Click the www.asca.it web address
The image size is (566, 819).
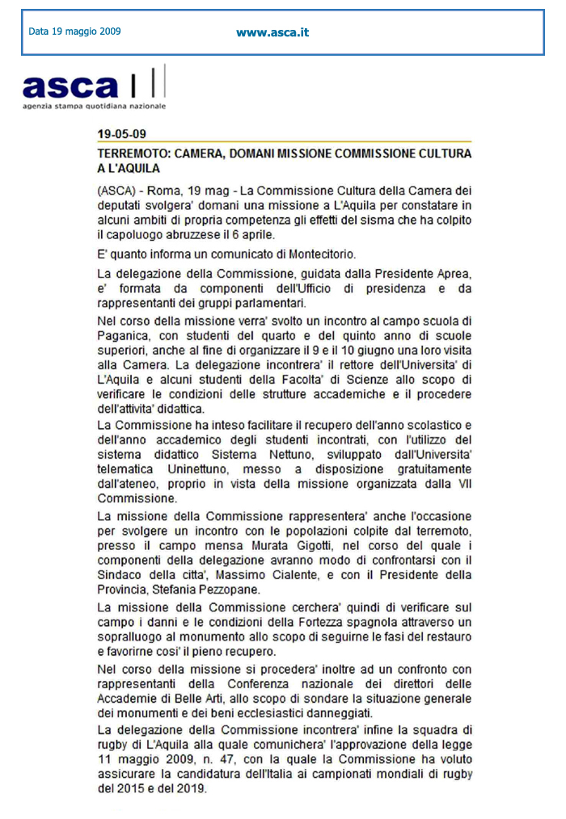pyautogui.click(x=272, y=33)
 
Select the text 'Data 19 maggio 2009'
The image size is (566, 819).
pyautogui.click(x=74, y=32)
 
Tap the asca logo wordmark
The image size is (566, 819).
pyautogui.click(x=70, y=86)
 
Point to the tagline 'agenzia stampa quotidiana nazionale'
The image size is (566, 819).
pyautogui.click(x=94, y=106)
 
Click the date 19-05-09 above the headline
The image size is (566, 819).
pyautogui.click(x=121, y=134)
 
